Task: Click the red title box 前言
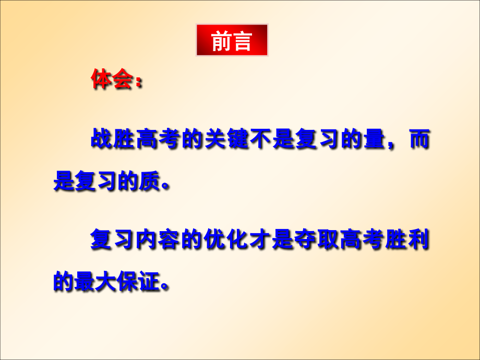(x=232, y=40)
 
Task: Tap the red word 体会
(x=111, y=79)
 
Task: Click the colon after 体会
(x=138, y=82)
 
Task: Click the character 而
(x=417, y=140)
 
